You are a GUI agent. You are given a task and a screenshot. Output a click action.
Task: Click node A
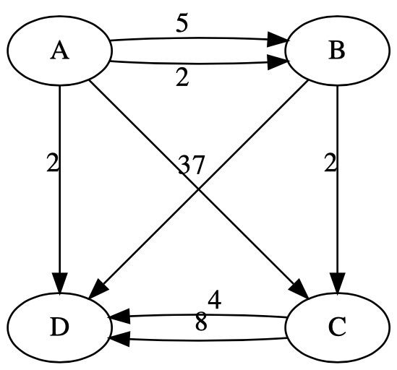(x=59, y=52)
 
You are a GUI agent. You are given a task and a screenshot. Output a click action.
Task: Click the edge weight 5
(x=183, y=24)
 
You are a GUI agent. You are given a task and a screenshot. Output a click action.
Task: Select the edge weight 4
(x=215, y=298)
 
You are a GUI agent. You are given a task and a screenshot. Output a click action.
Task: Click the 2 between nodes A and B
(x=182, y=78)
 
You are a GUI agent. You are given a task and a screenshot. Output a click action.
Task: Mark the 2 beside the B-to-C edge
(x=330, y=163)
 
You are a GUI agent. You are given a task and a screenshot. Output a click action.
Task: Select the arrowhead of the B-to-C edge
(x=338, y=282)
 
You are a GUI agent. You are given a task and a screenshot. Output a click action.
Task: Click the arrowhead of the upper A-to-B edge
(x=283, y=40)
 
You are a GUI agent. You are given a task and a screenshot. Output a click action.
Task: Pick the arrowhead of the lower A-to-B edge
(x=283, y=64)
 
